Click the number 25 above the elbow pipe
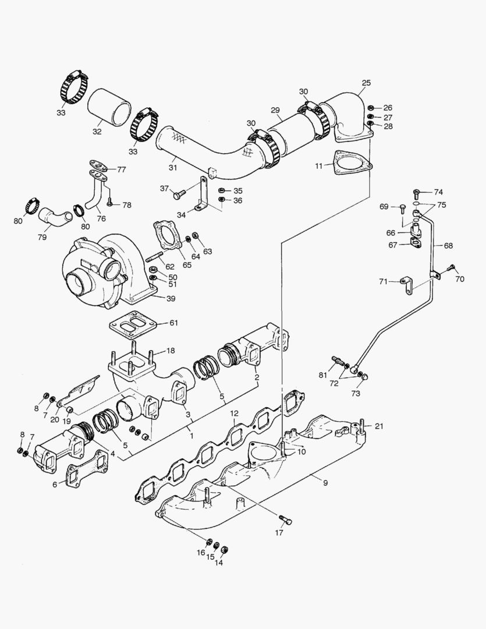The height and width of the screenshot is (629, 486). pos(366,83)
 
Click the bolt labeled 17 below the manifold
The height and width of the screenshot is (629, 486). pos(283,518)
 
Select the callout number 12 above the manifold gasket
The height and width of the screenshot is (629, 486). pos(233,414)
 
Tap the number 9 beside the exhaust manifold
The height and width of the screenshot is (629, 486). pos(325,482)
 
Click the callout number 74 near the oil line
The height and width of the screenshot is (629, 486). pos(438,192)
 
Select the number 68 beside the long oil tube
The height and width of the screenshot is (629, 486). pos(448,245)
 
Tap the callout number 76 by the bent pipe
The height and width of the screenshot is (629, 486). pos(101,219)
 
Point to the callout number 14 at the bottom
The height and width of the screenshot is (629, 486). pos(219,563)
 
